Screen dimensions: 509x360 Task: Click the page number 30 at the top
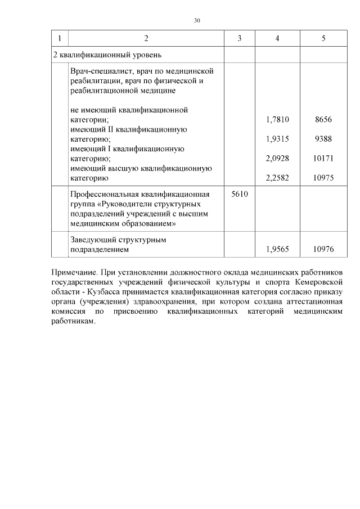coord(197,20)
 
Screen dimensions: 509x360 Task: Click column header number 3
coord(240,38)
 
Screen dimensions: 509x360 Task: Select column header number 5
coord(323,38)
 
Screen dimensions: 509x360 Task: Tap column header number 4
coord(277,38)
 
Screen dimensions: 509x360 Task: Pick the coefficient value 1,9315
coord(277,139)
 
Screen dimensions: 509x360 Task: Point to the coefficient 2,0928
coord(277,159)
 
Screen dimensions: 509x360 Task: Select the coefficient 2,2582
coord(277,178)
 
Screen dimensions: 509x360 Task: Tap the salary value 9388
coord(323,139)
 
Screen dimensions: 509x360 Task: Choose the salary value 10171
coord(323,159)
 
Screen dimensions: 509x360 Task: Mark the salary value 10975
coord(323,178)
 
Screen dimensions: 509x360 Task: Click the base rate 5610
coord(240,193)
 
